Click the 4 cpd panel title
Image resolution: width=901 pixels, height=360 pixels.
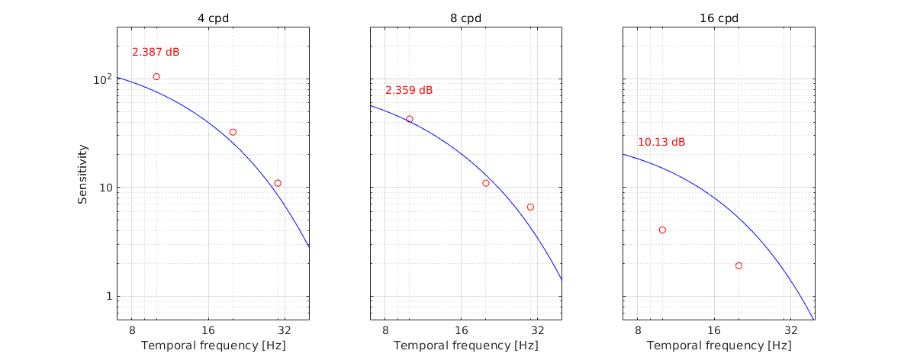point(213,18)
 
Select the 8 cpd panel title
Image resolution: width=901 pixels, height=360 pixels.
point(465,18)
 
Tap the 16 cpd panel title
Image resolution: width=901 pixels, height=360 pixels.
point(719,18)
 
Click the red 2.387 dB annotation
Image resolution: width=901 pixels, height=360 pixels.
point(156,53)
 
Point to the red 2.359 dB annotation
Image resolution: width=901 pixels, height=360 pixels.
point(409,91)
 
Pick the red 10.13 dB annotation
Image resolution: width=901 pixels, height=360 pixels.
point(661,143)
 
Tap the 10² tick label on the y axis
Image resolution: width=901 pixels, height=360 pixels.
point(101,79)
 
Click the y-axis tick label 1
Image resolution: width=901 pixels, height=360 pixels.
point(108,296)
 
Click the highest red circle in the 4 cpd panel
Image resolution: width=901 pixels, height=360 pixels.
point(156,77)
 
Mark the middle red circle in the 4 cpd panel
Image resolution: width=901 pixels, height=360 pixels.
point(233,132)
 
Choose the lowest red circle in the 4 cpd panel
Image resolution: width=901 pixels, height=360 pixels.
point(278,183)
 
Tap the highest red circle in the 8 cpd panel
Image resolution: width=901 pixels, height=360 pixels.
point(410,119)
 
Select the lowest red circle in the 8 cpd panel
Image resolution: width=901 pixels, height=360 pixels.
point(530,207)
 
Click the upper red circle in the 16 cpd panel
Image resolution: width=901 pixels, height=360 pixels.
point(662,230)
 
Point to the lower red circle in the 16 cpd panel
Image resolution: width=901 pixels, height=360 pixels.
point(738,265)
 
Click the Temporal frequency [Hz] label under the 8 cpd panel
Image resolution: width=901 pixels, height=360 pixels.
point(465,346)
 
